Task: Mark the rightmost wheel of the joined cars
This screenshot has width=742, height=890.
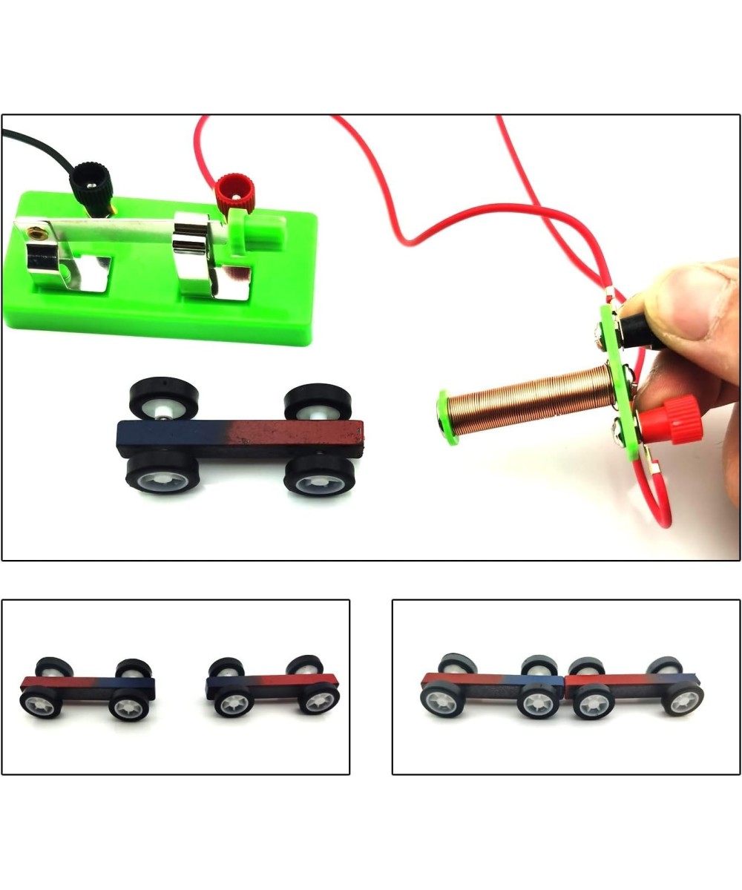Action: pyautogui.click(x=683, y=699)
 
